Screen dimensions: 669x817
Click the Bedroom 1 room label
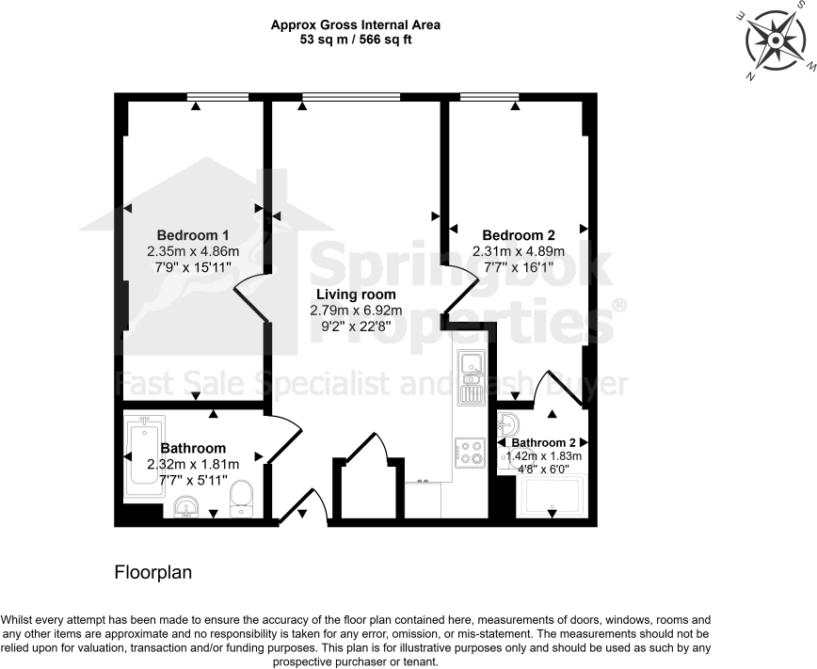[x=193, y=234]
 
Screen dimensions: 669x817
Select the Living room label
[x=356, y=295]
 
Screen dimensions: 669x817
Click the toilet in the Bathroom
[x=244, y=498]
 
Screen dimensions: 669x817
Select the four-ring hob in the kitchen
[x=470, y=453]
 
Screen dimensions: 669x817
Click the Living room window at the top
[x=351, y=96]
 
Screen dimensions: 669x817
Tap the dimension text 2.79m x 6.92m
[x=356, y=311]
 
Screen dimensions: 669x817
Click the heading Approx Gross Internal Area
[x=355, y=24]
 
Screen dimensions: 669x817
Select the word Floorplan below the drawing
[x=153, y=571]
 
